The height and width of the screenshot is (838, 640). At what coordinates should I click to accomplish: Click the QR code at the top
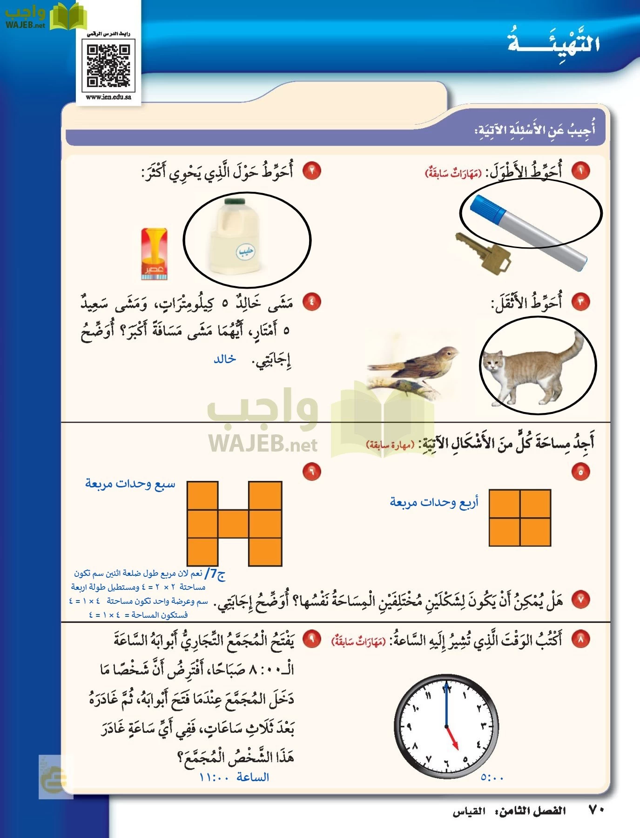click(x=108, y=66)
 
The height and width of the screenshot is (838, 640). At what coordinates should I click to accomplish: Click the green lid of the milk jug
click(x=235, y=202)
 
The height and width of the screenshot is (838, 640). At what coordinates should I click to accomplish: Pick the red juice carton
click(x=154, y=254)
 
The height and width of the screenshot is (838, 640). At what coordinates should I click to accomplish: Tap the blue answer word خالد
click(x=225, y=359)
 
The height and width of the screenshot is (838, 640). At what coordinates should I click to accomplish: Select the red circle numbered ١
click(x=580, y=170)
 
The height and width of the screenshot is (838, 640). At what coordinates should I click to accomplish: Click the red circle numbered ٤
click(x=311, y=302)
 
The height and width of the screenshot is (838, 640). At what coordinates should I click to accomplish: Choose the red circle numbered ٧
click(x=580, y=600)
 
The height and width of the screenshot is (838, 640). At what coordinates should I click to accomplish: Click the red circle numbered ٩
click(x=311, y=639)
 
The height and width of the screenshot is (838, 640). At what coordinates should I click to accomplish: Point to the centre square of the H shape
click(x=234, y=524)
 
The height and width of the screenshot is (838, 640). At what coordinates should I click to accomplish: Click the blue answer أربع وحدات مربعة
click(x=434, y=502)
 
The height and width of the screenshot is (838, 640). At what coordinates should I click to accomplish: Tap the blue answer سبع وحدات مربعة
click(x=130, y=484)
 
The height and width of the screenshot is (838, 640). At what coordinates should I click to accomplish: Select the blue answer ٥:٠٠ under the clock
click(x=492, y=777)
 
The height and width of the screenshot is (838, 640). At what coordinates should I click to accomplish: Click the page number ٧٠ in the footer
click(x=596, y=811)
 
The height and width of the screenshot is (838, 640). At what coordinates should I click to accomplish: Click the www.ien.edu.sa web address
click(x=108, y=97)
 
